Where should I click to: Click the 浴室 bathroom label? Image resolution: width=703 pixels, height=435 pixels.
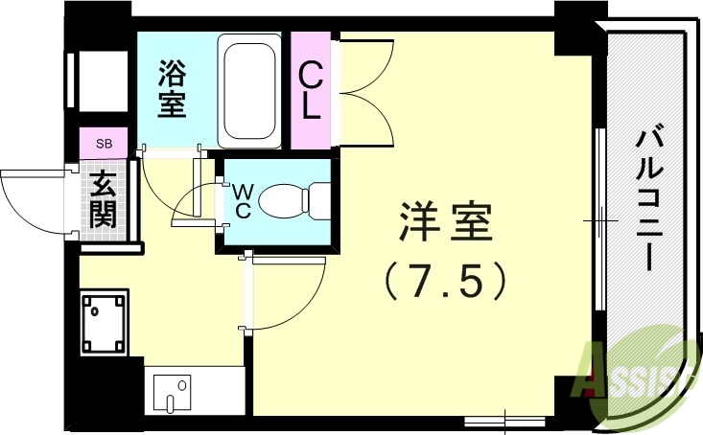[173, 89]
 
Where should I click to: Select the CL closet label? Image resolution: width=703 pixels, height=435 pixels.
[311, 90]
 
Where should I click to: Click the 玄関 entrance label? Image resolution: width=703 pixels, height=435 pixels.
[103, 198]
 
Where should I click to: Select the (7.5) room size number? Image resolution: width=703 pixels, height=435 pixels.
[444, 282]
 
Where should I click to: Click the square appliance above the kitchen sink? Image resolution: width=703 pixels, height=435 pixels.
[105, 324]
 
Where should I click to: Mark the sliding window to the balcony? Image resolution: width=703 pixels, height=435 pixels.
[598, 220]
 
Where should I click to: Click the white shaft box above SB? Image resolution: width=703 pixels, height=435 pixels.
[104, 82]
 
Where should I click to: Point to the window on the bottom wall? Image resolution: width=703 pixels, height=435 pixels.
[503, 420]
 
